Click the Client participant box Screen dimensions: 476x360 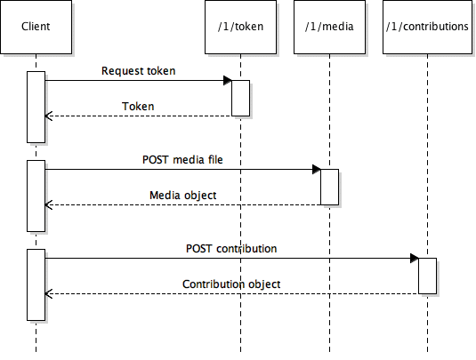[36, 27]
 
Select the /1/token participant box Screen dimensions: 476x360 [240, 27]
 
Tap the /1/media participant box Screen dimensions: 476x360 [329, 27]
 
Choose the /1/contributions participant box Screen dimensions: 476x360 [427, 27]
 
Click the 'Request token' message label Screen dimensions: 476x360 [139, 71]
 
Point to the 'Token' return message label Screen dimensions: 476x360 [138, 107]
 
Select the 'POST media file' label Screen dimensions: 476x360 [182, 160]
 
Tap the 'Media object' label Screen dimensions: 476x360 [183, 196]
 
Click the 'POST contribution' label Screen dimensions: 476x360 [231, 249]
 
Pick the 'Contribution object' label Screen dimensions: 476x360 [231, 284]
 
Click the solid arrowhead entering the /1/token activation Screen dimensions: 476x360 [228, 81]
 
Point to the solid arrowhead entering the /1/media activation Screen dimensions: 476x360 [317, 170]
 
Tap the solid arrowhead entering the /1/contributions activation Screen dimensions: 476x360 [415, 259]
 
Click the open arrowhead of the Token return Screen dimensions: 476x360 [49, 116]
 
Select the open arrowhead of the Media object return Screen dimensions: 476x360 [49, 204]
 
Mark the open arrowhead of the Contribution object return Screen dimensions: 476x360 [49, 293]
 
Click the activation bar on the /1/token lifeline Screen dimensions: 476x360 [241, 99]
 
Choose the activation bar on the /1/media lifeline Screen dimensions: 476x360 [330, 188]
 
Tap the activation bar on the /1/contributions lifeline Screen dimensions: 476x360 [428, 276]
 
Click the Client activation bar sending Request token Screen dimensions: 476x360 [36, 107]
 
